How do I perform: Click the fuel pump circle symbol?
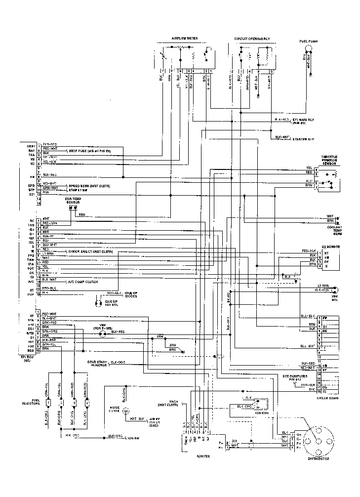(309, 48)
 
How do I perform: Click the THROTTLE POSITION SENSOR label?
(329, 159)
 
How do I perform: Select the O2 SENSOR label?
(331, 246)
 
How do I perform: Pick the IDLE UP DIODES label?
(131, 294)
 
